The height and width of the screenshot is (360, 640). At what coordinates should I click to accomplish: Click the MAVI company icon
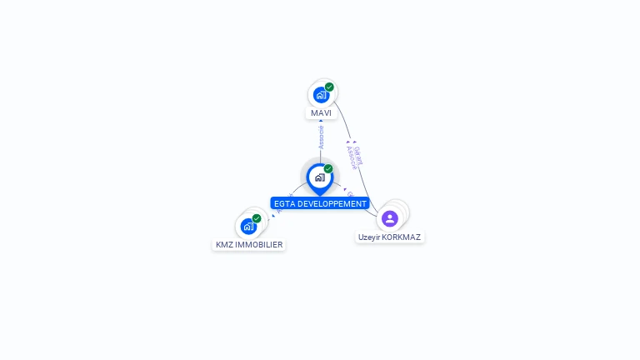pos(320,94)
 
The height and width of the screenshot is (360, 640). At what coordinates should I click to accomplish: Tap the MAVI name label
pos(321,113)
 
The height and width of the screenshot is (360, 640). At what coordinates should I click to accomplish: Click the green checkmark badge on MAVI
pos(329,87)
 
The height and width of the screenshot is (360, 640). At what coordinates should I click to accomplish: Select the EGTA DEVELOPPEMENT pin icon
pos(319,177)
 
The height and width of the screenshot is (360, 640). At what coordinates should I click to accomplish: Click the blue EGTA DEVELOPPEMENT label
pos(320,203)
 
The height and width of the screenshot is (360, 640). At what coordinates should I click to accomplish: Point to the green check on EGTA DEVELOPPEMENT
pos(328,169)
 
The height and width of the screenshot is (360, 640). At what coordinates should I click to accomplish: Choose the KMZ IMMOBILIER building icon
pos(248,226)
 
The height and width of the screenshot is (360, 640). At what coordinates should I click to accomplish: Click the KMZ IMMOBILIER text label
pos(249,245)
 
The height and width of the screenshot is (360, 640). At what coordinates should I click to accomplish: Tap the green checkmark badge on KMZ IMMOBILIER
pos(257,218)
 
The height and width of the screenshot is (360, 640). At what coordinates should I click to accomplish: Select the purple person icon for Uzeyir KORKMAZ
pos(389,218)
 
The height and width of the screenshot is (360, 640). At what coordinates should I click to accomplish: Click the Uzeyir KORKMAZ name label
pos(389,237)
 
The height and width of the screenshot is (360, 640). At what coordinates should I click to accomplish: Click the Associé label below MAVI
pos(321,137)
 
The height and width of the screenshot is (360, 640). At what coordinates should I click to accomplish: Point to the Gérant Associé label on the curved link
pos(354,156)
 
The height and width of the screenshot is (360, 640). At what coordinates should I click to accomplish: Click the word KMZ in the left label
pos(224,245)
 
